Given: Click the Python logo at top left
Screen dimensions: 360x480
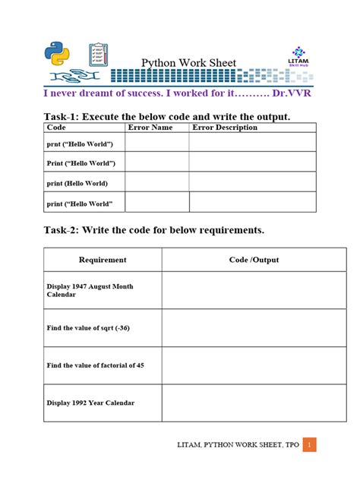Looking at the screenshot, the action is click(x=57, y=54).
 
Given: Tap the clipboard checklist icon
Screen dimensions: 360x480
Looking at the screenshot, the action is click(x=99, y=55).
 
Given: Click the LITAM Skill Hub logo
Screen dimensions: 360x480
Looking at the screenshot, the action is click(x=298, y=56).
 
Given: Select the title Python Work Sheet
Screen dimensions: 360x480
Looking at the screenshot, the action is click(x=188, y=63).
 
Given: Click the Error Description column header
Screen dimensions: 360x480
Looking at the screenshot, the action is click(x=225, y=128).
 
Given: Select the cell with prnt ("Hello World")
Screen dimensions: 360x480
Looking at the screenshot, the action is click(x=80, y=144).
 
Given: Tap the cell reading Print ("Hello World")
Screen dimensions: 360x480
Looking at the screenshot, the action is click(x=81, y=163).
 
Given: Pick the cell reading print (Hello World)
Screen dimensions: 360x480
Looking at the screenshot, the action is click(x=77, y=183).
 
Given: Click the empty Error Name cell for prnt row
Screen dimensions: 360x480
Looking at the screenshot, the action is click(x=156, y=143).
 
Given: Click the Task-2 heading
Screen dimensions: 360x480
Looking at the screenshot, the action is click(x=153, y=229).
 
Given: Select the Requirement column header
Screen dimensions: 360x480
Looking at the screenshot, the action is click(x=103, y=260).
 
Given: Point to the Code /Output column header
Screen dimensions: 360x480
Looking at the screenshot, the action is click(x=254, y=260).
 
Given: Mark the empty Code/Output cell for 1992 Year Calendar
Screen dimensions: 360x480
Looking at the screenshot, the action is click(x=254, y=403).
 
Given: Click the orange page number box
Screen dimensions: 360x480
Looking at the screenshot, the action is click(x=310, y=444).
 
